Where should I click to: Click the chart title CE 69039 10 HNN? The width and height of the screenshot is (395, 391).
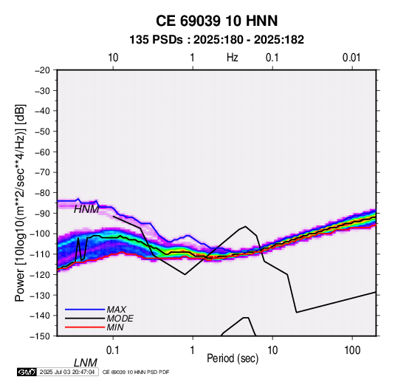(216, 21)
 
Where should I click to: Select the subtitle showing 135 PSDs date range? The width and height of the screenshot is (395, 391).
(216, 40)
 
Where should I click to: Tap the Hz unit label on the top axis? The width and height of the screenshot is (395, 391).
(233, 58)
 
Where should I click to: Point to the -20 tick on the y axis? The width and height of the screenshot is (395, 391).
(42, 70)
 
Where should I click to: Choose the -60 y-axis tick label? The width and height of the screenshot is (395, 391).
(42, 152)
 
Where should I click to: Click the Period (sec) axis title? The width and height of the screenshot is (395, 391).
(233, 358)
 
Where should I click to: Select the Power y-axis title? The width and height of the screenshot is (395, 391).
(20, 203)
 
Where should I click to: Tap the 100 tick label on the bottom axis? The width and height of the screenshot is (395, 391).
(352, 350)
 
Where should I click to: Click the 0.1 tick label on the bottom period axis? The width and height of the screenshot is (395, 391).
(113, 350)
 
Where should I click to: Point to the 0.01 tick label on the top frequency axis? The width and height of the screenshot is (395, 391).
(351, 58)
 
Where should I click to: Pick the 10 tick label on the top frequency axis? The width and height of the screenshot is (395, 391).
(113, 58)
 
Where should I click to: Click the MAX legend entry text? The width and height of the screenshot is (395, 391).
(117, 309)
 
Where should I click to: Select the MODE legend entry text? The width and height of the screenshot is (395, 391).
(120, 319)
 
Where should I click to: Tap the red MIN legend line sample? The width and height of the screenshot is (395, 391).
(85, 327)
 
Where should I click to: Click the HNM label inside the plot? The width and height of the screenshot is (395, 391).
(86, 209)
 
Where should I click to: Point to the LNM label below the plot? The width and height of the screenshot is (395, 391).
(86, 363)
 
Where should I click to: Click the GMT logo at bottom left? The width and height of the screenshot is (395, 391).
(27, 372)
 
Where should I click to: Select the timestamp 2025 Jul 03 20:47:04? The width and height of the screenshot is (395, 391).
(67, 372)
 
